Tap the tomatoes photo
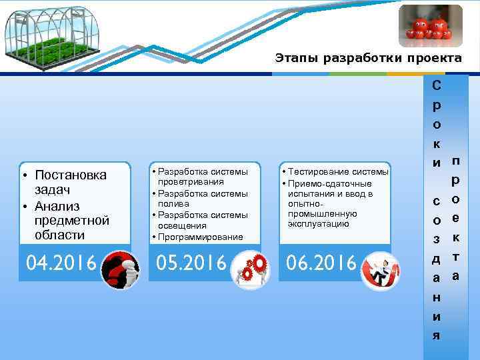[x=429, y=26]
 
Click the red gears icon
[x=251, y=269]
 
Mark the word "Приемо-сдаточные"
[x=329, y=183]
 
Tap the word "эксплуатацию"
[x=317, y=224]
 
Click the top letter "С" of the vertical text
[x=435, y=86]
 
